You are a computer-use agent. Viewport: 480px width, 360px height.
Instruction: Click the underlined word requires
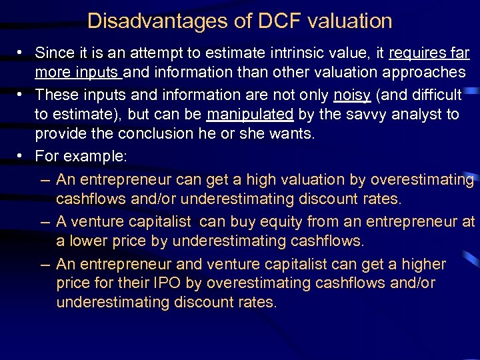[x=416, y=53]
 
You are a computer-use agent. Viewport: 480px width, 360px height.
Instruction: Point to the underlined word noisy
[x=352, y=95]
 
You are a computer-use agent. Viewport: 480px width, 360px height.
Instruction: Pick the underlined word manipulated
[x=250, y=114]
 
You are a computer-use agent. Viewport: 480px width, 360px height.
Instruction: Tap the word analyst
[x=419, y=114]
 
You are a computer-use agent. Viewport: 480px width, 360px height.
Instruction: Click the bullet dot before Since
[x=22, y=53]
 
